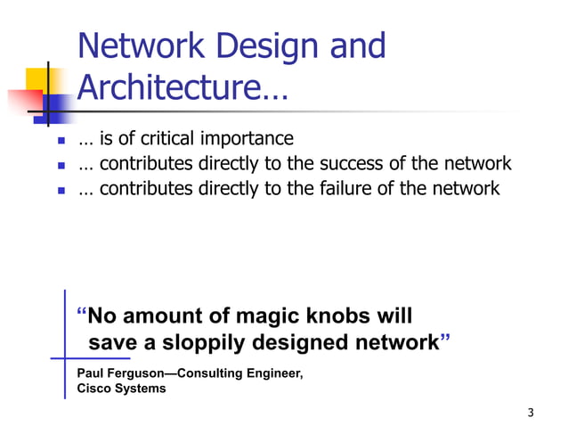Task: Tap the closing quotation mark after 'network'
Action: [445, 340]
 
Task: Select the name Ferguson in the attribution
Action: [139, 373]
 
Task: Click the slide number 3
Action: [531, 412]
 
